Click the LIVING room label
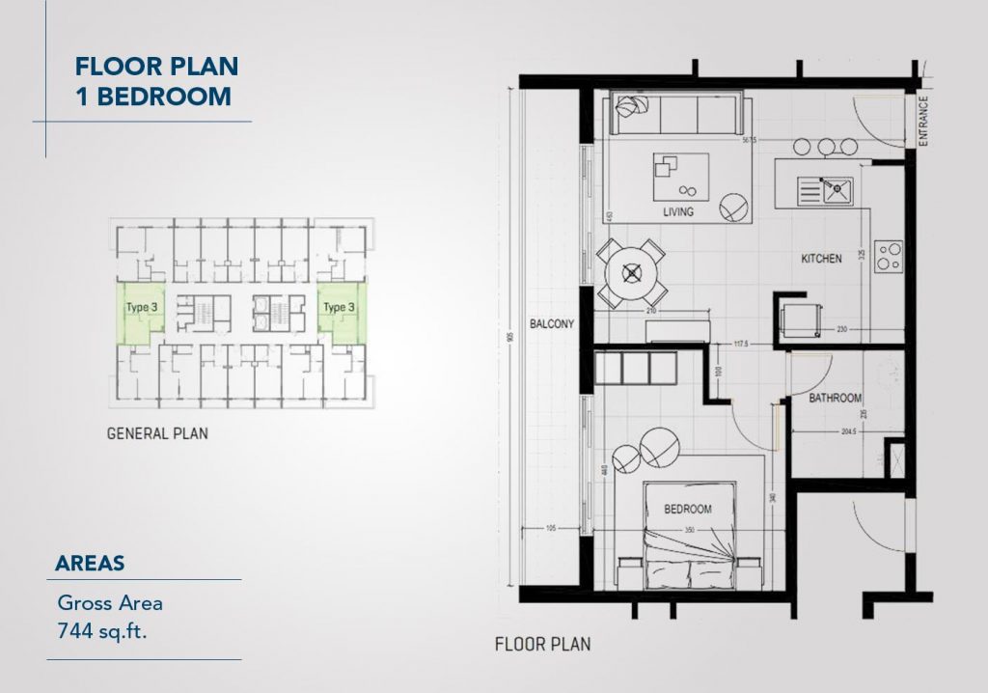click(678, 211)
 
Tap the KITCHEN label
click(821, 259)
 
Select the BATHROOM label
click(835, 398)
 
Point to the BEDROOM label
click(687, 509)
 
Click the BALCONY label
click(552, 325)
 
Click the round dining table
click(632, 274)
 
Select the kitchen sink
click(825, 190)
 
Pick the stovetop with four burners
click(889, 255)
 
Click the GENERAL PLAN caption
click(157, 434)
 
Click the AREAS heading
click(90, 563)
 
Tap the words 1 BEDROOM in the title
click(152, 96)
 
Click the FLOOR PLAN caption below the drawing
click(542, 644)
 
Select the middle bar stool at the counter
click(826, 147)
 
